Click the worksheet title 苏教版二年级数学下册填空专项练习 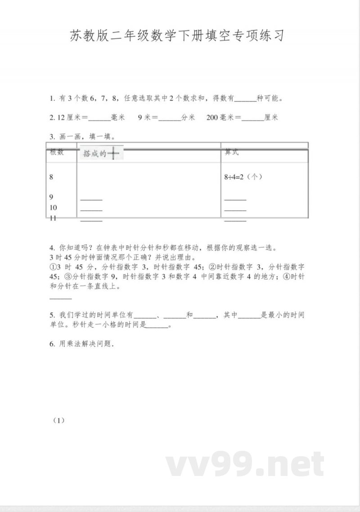pos(178,36)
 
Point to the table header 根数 pos(57,153)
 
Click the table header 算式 pos(231,153)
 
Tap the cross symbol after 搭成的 pos(114,154)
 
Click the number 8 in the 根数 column pos(51,177)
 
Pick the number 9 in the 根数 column pos(51,197)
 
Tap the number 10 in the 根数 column pos(53,208)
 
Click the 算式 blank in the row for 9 pos(235,199)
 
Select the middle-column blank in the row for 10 pos(91,210)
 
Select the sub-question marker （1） pos(59,420)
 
